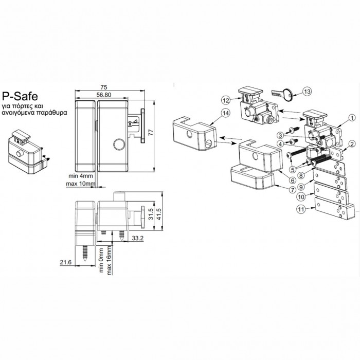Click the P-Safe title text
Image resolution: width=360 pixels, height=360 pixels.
20,96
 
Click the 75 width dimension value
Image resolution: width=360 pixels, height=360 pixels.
104,87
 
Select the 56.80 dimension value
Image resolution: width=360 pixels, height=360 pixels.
104,95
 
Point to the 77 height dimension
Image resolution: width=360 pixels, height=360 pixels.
151,133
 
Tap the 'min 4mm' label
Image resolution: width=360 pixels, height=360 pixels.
81,176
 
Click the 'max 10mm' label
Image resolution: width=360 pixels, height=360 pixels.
81,184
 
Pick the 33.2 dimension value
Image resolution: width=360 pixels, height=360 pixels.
137,238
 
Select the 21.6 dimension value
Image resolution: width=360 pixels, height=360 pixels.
66,262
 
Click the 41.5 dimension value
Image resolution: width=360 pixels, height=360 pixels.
158,214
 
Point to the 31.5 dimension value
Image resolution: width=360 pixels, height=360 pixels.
151,214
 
